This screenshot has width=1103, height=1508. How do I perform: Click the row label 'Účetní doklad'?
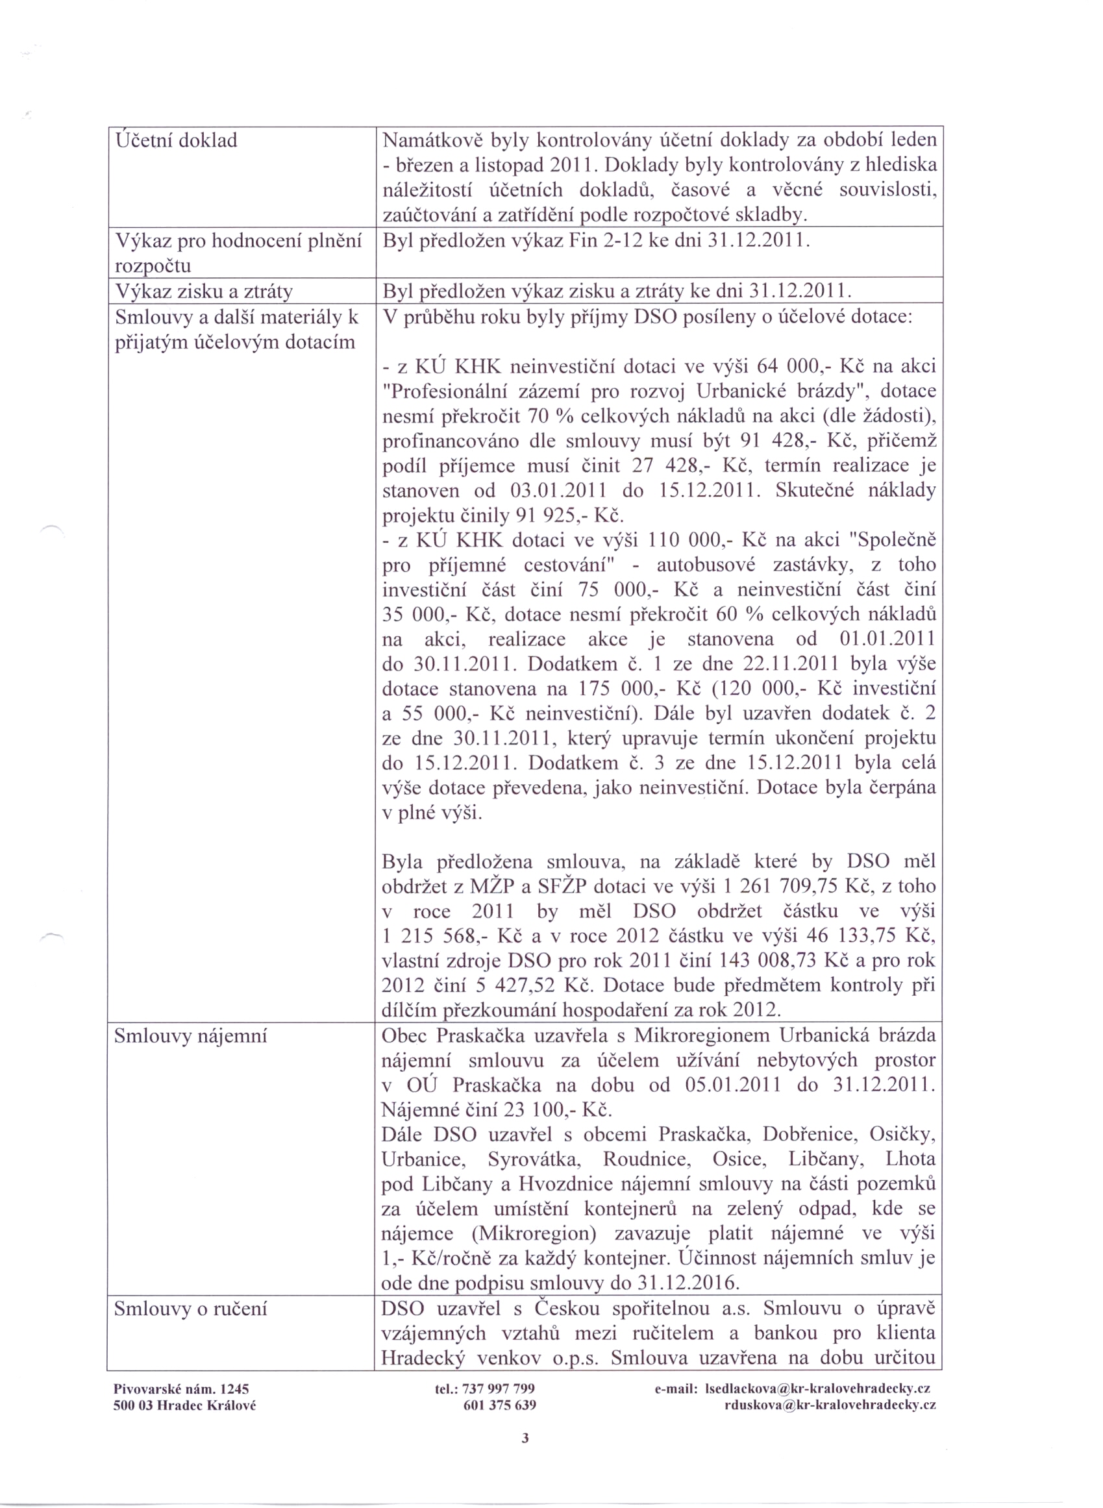coord(177,141)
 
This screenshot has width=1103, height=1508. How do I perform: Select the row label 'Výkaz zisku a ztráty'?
coord(204,291)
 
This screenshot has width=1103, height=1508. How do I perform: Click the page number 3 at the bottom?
coord(525,1437)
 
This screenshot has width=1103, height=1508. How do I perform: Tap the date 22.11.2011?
coord(789,664)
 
